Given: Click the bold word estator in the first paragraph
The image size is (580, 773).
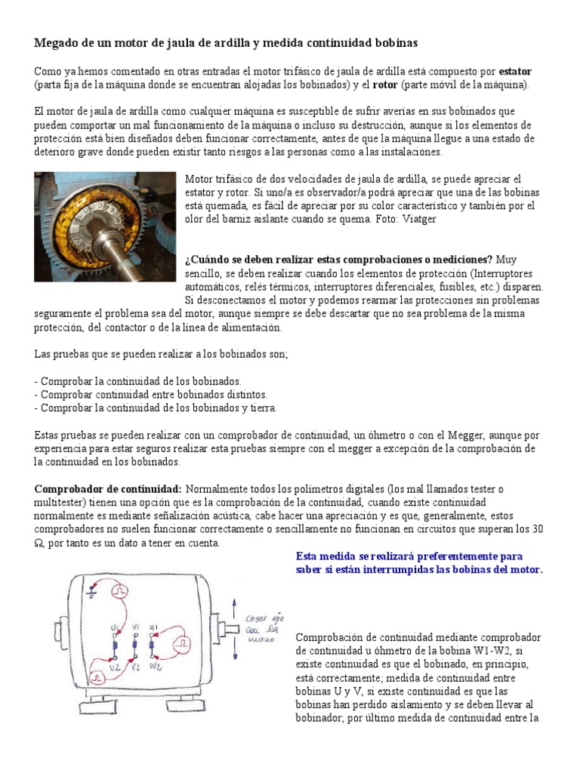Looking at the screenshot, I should point(516,71).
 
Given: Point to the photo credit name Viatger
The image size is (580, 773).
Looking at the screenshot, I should point(418,219).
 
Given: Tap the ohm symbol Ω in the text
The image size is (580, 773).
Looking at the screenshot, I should point(40,543).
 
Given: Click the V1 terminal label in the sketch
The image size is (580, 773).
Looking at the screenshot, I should point(135,627).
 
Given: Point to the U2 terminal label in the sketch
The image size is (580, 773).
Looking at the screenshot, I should point(115,667).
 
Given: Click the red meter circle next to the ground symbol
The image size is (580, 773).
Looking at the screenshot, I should point(118,593).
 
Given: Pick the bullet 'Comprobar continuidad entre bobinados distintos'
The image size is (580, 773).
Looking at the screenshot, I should point(151,395).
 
